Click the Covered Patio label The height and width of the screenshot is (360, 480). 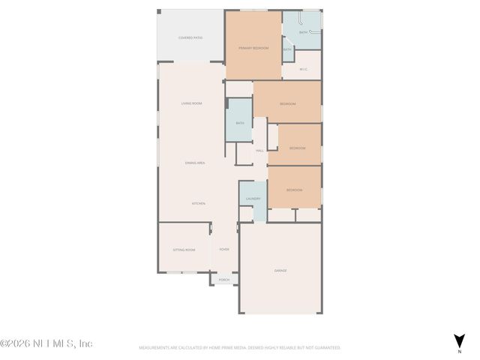coord(191,37)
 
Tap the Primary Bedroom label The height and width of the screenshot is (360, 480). coord(253,48)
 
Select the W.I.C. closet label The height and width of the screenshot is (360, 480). coord(303,70)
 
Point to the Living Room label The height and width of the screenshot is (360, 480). coord(192,103)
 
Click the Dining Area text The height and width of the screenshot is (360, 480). coord(195,163)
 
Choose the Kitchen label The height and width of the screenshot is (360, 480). coord(198,203)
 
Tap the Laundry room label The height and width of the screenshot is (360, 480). coord(253,199)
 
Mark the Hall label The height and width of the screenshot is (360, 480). coord(259,151)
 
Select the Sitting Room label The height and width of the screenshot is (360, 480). coord(184,250)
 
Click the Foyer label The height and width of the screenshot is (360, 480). coord(223,250)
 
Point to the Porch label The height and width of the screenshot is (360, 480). coord(223,280)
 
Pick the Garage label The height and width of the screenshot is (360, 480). coord(280,271)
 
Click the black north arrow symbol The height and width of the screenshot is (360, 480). coord(459,340)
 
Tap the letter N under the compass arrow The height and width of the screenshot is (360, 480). coord(459,351)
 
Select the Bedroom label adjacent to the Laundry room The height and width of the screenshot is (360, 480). coord(294,190)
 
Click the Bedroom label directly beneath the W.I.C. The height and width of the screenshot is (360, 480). coord(287,103)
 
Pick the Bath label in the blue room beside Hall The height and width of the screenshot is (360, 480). coord(240,123)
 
